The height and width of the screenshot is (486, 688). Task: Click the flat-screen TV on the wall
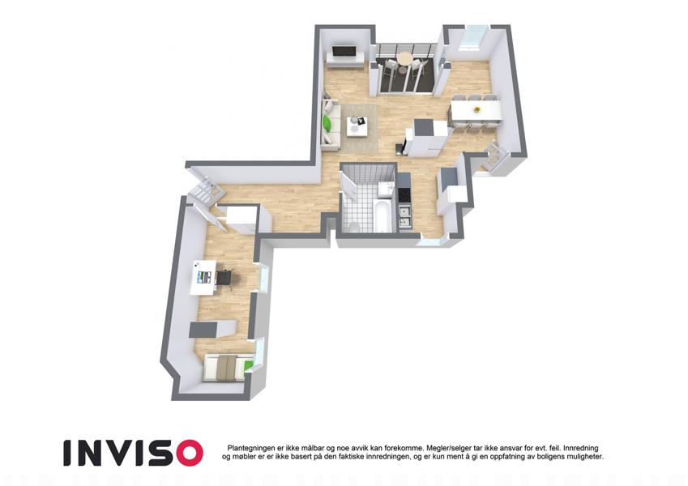point(344,51)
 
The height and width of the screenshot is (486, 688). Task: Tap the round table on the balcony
point(404,58)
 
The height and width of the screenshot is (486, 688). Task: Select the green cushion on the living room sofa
point(327,123)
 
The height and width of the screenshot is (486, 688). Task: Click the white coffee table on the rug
point(357,126)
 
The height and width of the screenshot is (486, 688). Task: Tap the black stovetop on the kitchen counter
point(404,195)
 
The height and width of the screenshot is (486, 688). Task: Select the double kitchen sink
point(404,218)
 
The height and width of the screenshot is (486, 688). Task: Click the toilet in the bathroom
point(353,228)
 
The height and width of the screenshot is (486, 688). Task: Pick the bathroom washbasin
point(385,189)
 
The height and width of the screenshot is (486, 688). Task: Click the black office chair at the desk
point(224,278)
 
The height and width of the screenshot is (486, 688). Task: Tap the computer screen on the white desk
point(204,277)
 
